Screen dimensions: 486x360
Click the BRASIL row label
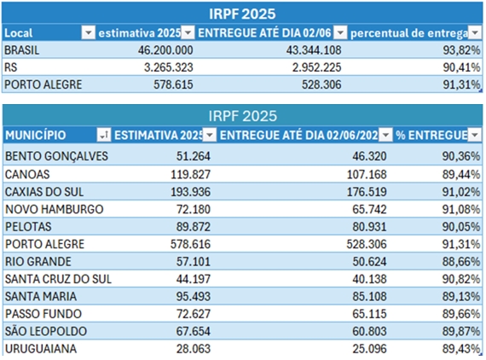[x=21, y=50]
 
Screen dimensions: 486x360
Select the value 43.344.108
[x=314, y=50]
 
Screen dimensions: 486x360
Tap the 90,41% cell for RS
[x=461, y=67]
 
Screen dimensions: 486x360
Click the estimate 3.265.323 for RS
[x=168, y=67]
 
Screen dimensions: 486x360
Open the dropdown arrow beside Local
[x=88, y=32]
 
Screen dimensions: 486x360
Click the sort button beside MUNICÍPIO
[x=103, y=135]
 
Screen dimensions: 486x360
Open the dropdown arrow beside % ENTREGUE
[x=475, y=135]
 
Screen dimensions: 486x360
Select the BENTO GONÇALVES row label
[x=56, y=156]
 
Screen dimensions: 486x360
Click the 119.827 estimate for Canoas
[x=191, y=174]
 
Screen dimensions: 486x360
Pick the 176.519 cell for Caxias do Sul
[x=367, y=192]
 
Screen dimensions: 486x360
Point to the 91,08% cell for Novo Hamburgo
[x=461, y=209]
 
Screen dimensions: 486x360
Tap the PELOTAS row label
[x=28, y=227]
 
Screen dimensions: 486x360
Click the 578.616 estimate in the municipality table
[x=190, y=244]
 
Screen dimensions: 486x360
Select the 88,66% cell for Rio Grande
[x=461, y=261]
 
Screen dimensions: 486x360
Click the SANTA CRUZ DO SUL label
[x=58, y=279]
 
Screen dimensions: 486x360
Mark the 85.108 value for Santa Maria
[x=369, y=296]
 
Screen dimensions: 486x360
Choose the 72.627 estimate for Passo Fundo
[x=194, y=314]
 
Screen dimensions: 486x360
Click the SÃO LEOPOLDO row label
[x=46, y=331]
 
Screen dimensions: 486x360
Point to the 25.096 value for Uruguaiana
[x=369, y=349]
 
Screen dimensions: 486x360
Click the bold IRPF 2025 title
[x=242, y=14]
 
